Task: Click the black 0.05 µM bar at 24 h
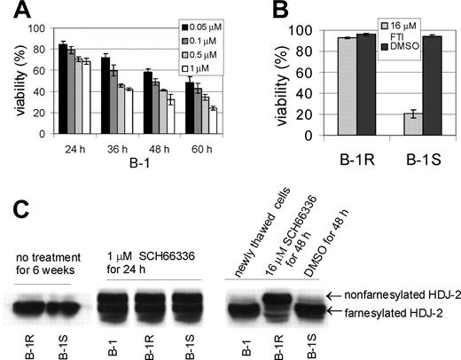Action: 63,89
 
